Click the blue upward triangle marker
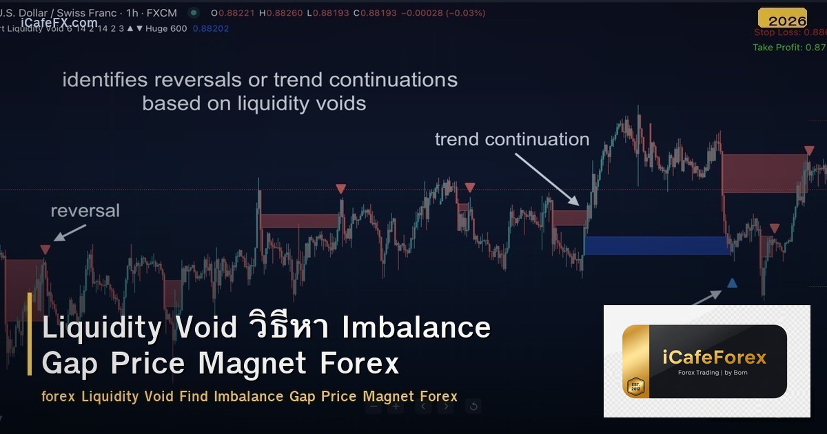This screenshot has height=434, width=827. click(732, 282)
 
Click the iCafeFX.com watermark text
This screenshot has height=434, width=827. click(59, 23)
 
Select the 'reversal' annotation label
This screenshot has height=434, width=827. click(85, 210)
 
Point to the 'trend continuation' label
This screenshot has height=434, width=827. click(511, 139)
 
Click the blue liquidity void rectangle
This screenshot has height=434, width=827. click(657, 245)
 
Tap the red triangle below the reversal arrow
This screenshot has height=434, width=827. click(45, 249)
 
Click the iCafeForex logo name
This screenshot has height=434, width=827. click(714, 357)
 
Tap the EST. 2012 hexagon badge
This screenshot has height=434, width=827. click(635, 386)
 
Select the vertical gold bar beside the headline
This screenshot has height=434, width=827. click(30, 334)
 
